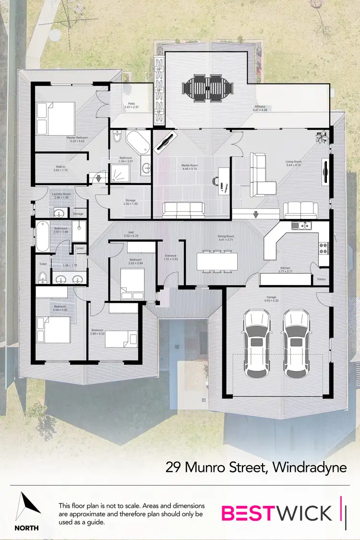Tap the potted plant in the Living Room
321,136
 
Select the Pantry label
321,278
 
